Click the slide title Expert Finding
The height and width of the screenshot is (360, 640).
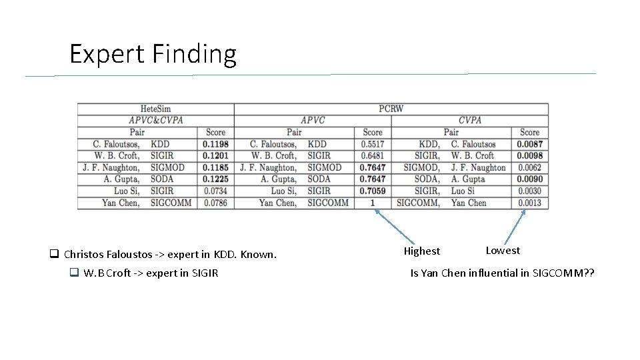(x=153, y=54)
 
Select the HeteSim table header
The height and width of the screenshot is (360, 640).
(x=155, y=109)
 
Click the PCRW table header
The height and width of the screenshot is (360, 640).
(x=391, y=109)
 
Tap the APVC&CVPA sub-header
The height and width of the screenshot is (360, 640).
(x=155, y=121)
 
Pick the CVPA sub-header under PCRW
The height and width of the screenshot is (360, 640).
(x=470, y=121)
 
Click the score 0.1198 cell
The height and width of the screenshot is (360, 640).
(x=215, y=144)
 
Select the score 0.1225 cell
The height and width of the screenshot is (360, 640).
(x=215, y=179)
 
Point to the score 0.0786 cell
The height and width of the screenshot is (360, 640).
(x=215, y=203)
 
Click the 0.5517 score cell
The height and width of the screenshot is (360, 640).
(x=373, y=144)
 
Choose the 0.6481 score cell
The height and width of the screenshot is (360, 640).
(x=373, y=156)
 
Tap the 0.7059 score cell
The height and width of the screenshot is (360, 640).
(x=373, y=191)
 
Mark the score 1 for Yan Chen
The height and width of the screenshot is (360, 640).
(x=373, y=203)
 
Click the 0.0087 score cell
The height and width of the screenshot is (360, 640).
(x=529, y=144)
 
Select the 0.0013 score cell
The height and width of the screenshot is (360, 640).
(x=529, y=203)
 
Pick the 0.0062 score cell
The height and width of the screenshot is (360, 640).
(x=529, y=167)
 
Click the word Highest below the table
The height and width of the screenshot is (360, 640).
(x=422, y=251)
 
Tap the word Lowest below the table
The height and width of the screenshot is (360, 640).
(x=503, y=251)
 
